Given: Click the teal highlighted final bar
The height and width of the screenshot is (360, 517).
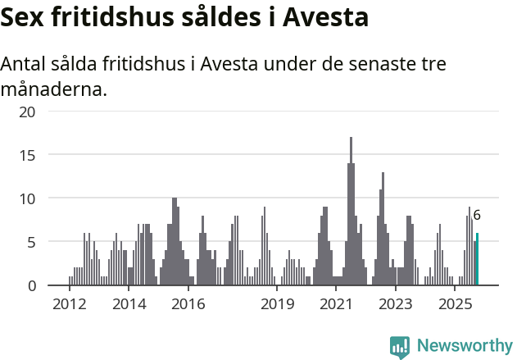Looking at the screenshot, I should [x=477, y=260].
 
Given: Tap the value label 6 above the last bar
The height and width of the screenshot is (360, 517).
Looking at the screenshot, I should [x=477, y=216].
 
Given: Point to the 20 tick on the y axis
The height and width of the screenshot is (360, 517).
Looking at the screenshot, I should [x=27, y=112].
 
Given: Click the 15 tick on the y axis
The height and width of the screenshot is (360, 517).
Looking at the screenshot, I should [x=27, y=155].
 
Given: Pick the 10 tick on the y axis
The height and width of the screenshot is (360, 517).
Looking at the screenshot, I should [x=27, y=198].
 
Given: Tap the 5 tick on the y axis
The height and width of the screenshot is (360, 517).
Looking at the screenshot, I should [x=31, y=242].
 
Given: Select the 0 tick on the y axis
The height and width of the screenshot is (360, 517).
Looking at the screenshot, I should [x=31, y=285].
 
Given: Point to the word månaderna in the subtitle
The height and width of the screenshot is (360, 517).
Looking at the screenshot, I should [x=54, y=89].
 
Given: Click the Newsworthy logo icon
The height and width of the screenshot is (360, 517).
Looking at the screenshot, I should [x=400, y=346].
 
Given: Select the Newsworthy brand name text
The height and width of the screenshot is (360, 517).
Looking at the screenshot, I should [x=464, y=346].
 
